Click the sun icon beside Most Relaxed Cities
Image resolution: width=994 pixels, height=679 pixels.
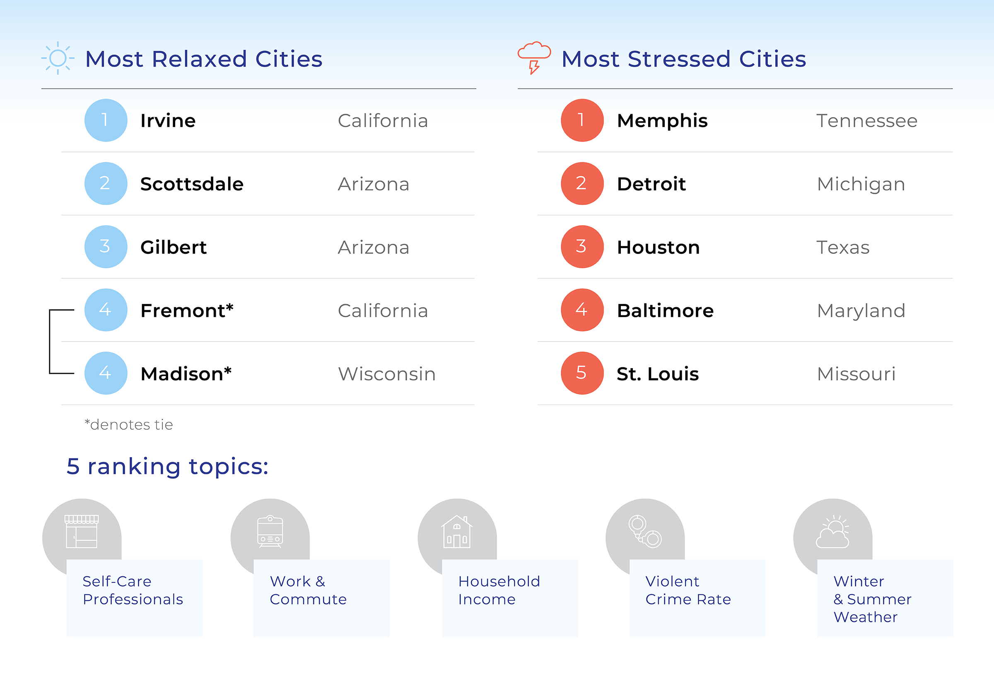(58, 58)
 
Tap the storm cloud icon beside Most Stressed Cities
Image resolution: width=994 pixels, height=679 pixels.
(534, 57)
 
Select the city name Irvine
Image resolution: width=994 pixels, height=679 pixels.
(168, 120)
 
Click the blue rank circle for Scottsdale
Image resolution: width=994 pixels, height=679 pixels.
(106, 183)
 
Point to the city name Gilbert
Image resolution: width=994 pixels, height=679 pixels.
(174, 247)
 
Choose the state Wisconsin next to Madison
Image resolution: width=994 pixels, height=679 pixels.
(387, 374)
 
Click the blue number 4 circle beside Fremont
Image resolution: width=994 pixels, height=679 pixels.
(106, 310)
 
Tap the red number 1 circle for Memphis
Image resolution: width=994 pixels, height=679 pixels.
(581, 120)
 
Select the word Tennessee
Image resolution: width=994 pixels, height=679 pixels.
(866, 120)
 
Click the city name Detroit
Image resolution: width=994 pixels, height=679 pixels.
(651, 184)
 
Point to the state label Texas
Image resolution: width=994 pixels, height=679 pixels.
(842, 247)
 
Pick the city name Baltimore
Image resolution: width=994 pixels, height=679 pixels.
(665, 311)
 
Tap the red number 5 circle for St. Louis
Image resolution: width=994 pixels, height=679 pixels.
(581, 373)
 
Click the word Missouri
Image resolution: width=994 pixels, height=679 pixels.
(856, 374)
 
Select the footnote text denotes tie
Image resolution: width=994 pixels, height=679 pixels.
(129, 425)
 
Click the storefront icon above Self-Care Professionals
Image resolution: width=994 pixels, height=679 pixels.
(82, 532)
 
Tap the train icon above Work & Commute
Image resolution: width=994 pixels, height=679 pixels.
(270, 532)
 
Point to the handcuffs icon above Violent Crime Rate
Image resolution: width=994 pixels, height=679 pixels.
(644, 532)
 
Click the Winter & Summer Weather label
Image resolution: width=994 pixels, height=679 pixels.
(872, 599)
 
